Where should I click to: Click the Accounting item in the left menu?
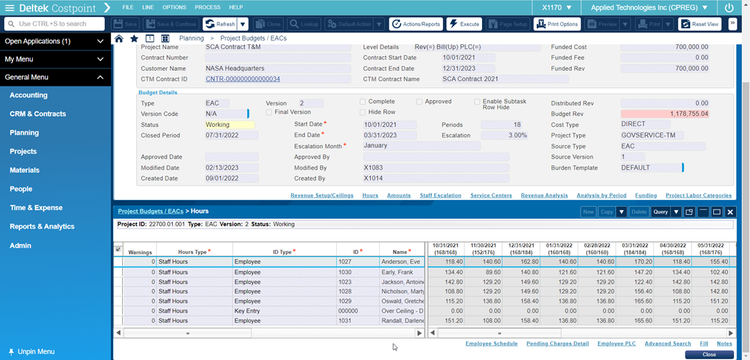coord(28,95)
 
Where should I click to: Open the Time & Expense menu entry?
coord(35,207)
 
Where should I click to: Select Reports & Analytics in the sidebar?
coord(42,226)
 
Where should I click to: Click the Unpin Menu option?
coord(36,351)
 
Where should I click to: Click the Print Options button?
coord(559,23)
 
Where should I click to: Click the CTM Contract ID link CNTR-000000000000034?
coord(243,78)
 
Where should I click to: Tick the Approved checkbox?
coord(419,102)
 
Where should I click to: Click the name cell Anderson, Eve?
coord(402,262)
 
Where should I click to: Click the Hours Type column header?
coord(194,251)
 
